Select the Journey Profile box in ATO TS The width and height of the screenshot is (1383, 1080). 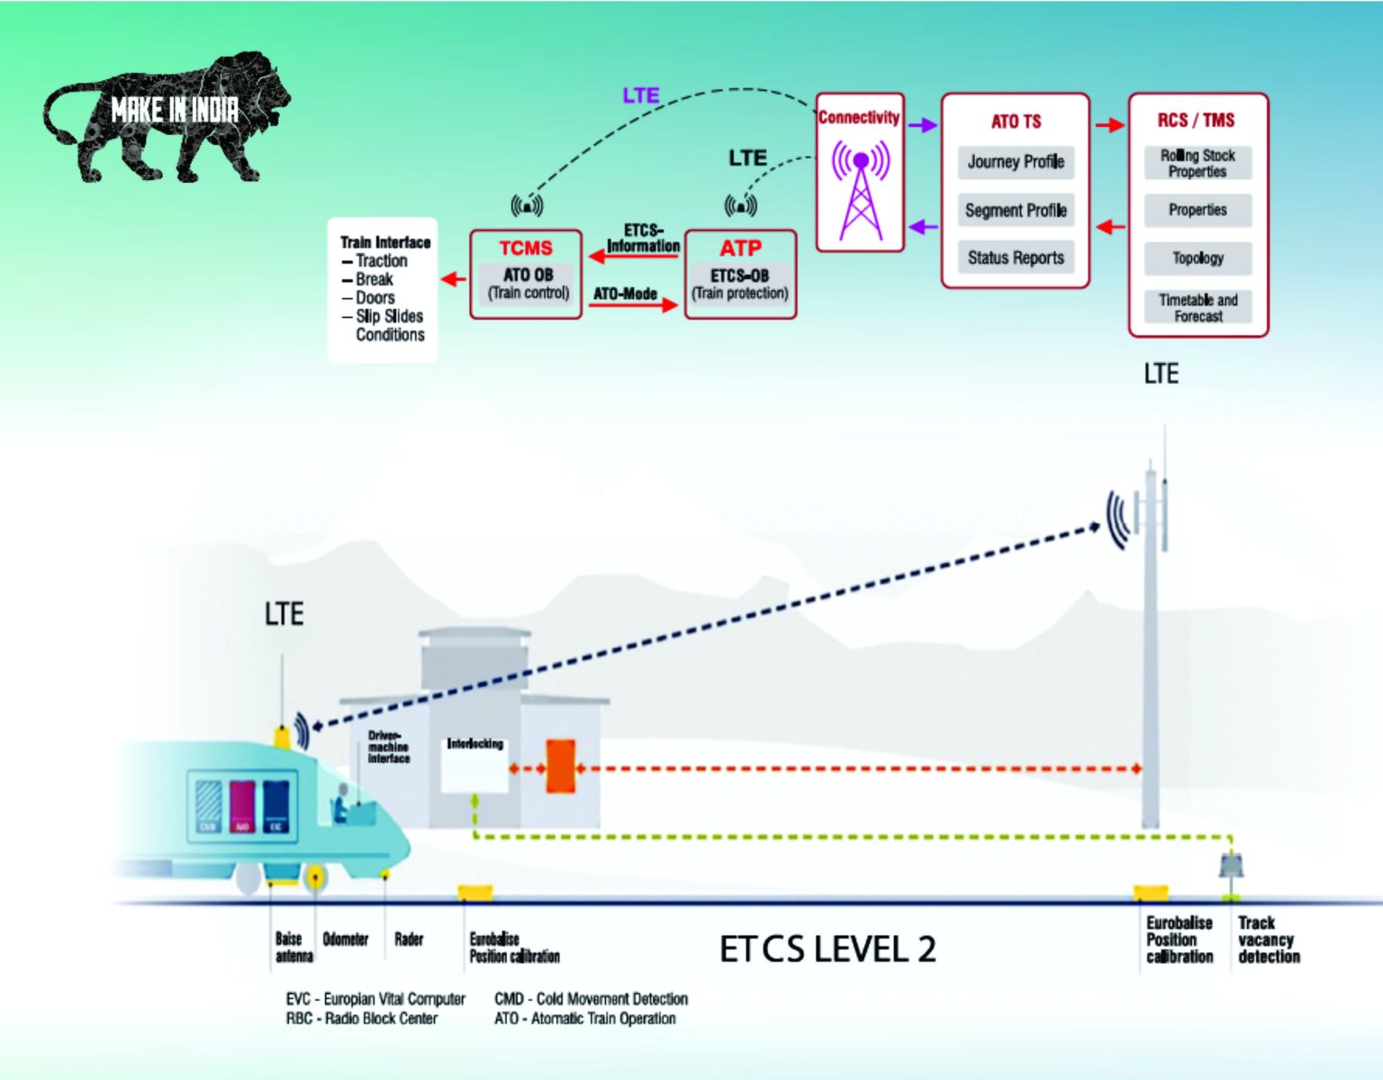(1016, 162)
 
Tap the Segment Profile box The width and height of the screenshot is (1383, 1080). (1016, 210)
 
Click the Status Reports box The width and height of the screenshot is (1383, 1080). (1016, 258)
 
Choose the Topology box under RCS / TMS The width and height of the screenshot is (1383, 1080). (1198, 259)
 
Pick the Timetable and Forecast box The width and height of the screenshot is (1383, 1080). (1198, 307)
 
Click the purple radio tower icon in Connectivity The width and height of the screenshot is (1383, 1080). (861, 191)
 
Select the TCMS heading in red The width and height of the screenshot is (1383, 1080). (526, 248)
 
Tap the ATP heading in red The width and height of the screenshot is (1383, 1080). (740, 248)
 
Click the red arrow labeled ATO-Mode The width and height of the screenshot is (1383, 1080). (633, 305)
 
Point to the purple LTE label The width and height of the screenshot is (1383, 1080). (641, 95)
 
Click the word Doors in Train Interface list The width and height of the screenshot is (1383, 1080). (375, 297)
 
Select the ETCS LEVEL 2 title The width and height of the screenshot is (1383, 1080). (827, 949)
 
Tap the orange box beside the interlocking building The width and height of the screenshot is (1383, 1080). (560, 767)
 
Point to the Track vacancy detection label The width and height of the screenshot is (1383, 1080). (1268, 939)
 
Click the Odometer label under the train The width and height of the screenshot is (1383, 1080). (345, 939)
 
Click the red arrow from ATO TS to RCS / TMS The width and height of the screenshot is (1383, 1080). (1109, 125)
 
